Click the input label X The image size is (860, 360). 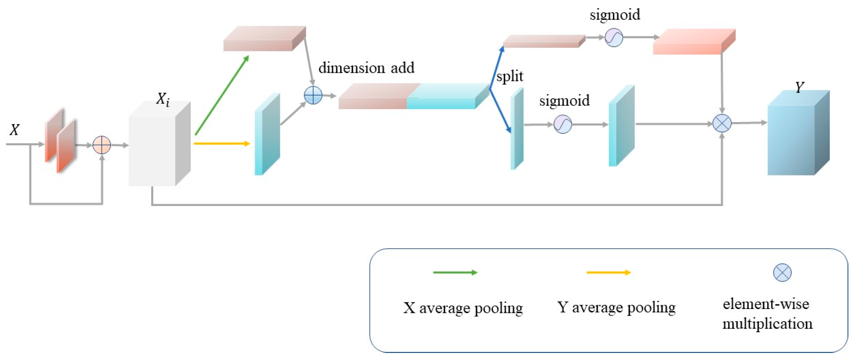tap(14, 130)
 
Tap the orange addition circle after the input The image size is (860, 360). tap(102, 145)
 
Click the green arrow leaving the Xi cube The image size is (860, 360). tap(222, 95)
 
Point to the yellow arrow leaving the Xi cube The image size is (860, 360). tap(222, 144)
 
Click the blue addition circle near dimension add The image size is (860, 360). tap(313, 95)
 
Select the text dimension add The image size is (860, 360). tap(366, 68)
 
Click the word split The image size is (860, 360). tap(510, 76)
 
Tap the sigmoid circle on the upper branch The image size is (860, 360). tap(614, 38)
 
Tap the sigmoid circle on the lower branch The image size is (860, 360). tap(563, 124)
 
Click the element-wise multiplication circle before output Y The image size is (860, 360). tap(722, 124)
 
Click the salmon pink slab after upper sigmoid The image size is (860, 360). tap(690, 44)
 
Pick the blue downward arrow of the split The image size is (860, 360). tap(500, 111)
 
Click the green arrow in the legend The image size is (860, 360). tap(455, 272)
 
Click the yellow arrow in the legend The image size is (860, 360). tap(608, 272)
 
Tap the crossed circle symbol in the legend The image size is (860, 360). tap(782, 272)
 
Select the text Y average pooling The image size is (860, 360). tap(616, 308)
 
